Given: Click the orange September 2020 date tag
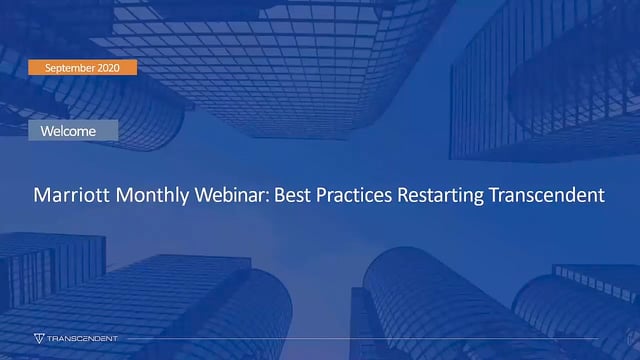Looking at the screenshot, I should pyautogui.click(x=82, y=68).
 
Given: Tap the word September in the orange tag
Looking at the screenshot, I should pyautogui.click(x=70, y=68).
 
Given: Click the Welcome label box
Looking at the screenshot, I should pyautogui.click(x=73, y=131).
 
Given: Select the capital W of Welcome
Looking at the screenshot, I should pyautogui.click(x=47, y=131).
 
